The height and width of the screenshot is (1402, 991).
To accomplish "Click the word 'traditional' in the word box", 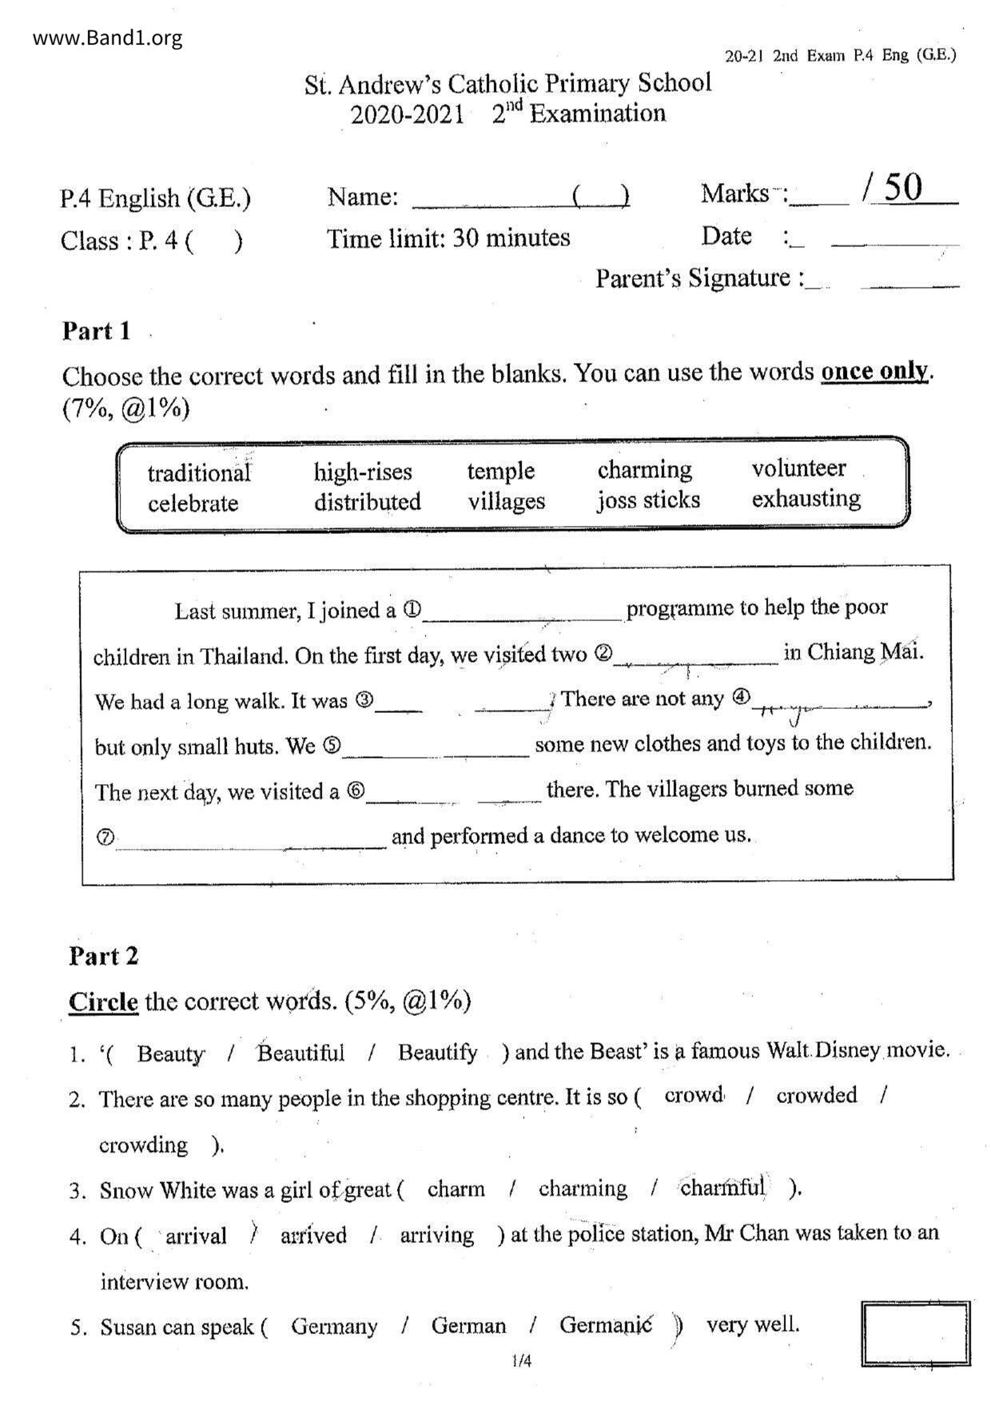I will point(199,473).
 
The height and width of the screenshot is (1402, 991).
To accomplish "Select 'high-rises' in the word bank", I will point(363,472).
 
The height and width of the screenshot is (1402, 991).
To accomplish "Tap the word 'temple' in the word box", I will point(500,471).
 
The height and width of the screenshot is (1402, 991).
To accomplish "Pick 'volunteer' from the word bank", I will point(798,468).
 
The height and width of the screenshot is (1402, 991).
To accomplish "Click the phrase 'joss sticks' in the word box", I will point(648,500).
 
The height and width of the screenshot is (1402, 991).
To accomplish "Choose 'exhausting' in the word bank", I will point(806,499).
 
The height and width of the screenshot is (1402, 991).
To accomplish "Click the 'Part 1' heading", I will point(96,331).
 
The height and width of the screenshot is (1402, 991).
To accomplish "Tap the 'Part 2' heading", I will point(103,956).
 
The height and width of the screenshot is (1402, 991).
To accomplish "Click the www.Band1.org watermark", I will point(108,38).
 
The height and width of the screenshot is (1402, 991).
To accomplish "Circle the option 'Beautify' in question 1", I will point(437,1053).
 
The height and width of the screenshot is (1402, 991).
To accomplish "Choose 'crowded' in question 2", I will point(816,1095).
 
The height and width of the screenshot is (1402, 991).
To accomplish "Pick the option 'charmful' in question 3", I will point(722,1188).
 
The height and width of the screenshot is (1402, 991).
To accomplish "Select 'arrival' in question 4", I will point(196,1236).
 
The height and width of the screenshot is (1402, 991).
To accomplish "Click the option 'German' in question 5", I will point(468,1326).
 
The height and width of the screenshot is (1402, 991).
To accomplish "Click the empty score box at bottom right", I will point(915,1333).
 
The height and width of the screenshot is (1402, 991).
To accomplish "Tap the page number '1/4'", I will point(521,1360).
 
